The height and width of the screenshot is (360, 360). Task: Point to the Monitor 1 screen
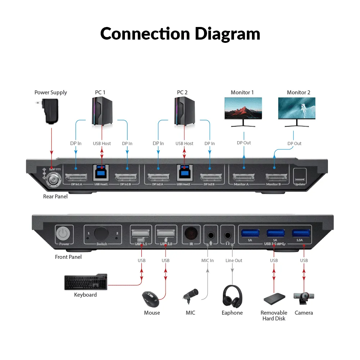click(x=243, y=108)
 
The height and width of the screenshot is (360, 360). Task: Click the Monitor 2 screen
click(x=297, y=108)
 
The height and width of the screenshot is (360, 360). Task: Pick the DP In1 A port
click(x=76, y=177)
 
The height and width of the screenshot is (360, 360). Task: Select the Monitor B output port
click(x=276, y=177)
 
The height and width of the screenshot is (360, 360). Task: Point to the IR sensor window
click(x=191, y=234)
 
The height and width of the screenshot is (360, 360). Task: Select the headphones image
click(x=232, y=297)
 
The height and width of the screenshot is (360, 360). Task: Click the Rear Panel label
click(x=55, y=197)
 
